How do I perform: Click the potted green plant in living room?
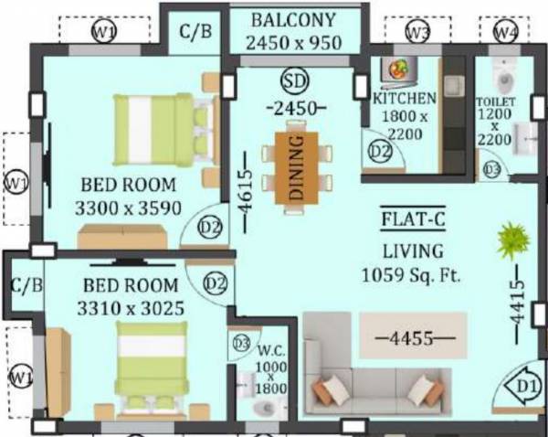pyautogui.click(x=513, y=241)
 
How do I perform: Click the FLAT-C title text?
pyautogui.click(x=411, y=220)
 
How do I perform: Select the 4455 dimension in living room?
pyautogui.click(x=410, y=337)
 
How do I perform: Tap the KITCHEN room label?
pyautogui.click(x=405, y=98)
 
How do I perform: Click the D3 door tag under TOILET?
pyautogui.click(x=492, y=169)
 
